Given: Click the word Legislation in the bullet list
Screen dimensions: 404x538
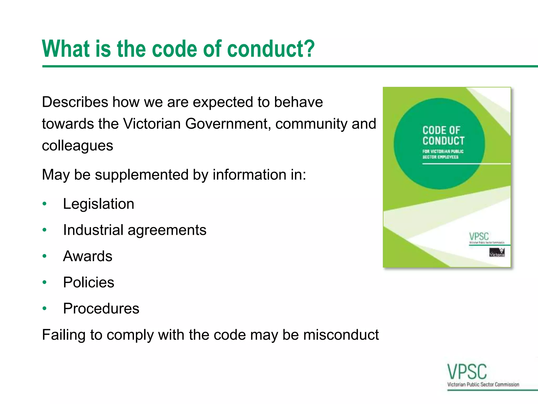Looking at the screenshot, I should pyautogui.click(x=99, y=204).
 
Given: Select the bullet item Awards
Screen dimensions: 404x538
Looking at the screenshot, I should pyautogui.click(x=87, y=256).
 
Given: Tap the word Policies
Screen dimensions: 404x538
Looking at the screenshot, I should pyautogui.click(x=89, y=282).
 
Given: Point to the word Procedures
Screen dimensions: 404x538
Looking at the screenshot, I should pyautogui.click(x=101, y=309).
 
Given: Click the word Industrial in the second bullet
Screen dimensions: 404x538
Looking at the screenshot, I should pyautogui.click(x=93, y=230).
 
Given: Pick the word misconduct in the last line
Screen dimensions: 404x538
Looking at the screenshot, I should pyautogui.click(x=341, y=335).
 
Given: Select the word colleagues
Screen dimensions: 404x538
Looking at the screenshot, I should pyautogui.click(x=77, y=145).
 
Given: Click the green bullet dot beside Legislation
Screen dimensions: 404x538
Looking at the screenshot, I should pyautogui.click(x=45, y=204).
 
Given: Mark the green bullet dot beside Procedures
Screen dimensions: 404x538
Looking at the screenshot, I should pyautogui.click(x=45, y=309).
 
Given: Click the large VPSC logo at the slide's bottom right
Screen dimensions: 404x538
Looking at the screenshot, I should pyautogui.click(x=467, y=372).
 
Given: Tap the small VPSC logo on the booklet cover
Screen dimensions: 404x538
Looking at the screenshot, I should pyautogui.click(x=479, y=236).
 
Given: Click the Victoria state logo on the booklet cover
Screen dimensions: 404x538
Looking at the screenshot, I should pyautogui.click(x=497, y=252).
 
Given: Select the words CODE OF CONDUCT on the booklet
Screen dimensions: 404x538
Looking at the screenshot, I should pyautogui.click(x=443, y=135).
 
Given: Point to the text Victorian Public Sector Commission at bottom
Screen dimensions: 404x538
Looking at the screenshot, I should pyautogui.click(x=483, y=385).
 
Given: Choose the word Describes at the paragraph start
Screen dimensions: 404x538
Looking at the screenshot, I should pyautogui.click(x=75, y=102).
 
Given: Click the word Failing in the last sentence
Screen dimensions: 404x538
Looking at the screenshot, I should pyautogui.click(x=64, y=335).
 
